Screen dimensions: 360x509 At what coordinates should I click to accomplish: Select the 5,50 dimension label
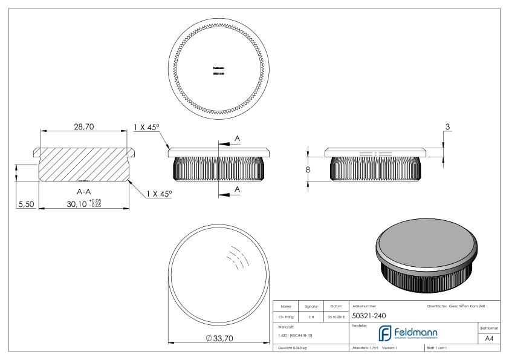[x=25, y=205]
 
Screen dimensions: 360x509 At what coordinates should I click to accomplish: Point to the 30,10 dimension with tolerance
[x=85, y=205]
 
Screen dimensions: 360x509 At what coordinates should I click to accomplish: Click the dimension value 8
[x=308, y=170]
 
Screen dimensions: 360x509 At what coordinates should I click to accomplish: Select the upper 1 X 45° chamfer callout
[x=147, y=127]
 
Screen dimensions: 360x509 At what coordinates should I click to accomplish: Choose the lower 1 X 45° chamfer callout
[x=159, y=193]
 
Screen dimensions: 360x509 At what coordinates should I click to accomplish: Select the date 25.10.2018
[x=336, y=316]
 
